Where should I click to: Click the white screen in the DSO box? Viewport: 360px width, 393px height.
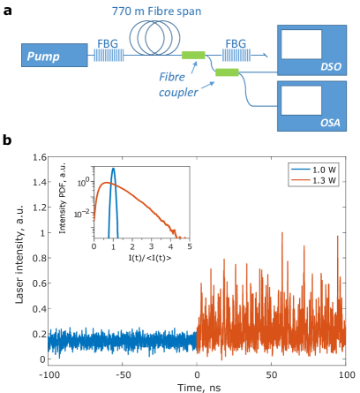tap(300, 43)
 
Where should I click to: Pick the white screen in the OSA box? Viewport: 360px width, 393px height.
tap(300, 102)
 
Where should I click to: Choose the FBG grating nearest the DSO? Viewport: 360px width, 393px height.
tap(236, 55)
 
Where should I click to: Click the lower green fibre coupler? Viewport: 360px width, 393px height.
tap(226, 71)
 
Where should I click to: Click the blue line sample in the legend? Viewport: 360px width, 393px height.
tap(303, 170)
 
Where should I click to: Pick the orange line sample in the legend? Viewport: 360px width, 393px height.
tap(303, 180)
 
